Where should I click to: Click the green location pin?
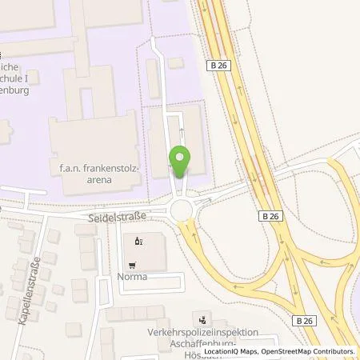pyautogui.click(x=181, y=162)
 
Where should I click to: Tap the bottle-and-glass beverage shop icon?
pyautogui.click(x=138, y=239)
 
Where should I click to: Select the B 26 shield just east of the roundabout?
pyautogui.click(x=269, y=216)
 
